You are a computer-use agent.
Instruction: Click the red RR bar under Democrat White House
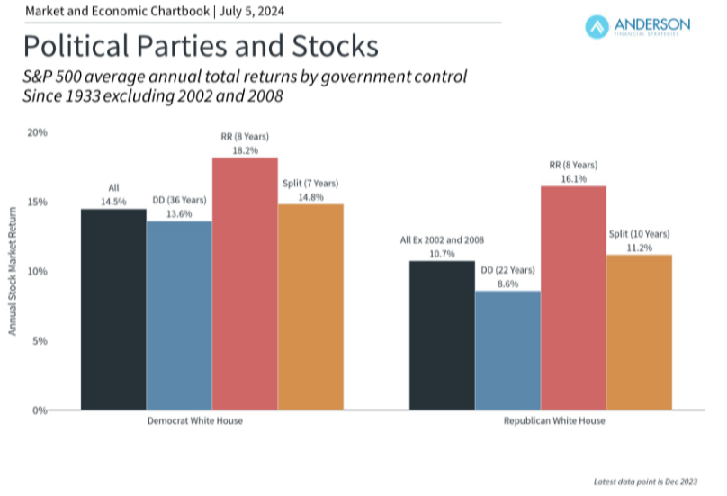click(x=245, y=284)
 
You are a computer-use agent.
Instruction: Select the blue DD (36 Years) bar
click(x=179, y=315)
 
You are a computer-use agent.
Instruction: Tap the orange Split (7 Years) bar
click(x=310, y=306)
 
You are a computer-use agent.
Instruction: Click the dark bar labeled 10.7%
click(x=442, y=335)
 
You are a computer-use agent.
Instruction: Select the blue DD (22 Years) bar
click(x=507, y=350)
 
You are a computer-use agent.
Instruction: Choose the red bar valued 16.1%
click(x=573, y=297)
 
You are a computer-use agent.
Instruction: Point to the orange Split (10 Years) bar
click(x=639, y=332)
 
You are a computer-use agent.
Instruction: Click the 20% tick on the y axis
click(x=37, y=132)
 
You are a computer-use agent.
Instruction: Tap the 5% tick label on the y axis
click(x=39, y=341)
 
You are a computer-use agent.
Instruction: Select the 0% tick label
click(x=39, y=410)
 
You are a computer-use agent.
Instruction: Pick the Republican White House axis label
click(x=541, y=421)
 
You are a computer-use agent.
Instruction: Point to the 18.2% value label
click(x=245, y=150)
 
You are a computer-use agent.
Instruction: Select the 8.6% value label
click(x=507, y=284)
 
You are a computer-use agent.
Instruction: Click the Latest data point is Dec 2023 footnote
click(x=646, y=482)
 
